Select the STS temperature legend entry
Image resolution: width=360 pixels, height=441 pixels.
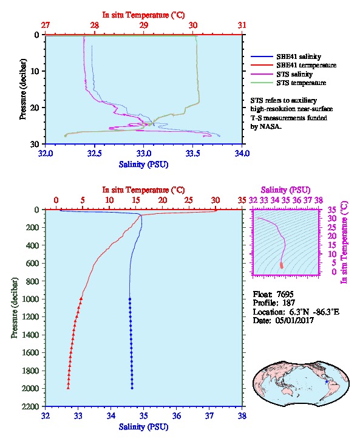click(288, 83)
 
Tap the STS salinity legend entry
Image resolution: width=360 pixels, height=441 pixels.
click(282, 74)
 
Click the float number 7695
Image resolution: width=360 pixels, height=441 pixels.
click(285, 294)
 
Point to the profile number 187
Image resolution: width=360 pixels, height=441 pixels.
click(288, 303)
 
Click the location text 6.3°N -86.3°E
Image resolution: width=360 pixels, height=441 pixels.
click(314, 312)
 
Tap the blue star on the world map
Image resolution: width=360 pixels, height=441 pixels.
click(326, 381)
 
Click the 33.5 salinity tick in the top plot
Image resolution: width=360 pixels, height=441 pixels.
click(192, 154)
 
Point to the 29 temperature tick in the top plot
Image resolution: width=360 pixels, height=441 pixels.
click(144, 26)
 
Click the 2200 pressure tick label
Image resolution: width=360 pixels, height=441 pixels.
click(30, 406)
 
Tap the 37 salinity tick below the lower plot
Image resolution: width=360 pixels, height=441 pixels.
click(209, 415)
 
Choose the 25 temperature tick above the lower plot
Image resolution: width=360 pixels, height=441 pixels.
click(189, 200)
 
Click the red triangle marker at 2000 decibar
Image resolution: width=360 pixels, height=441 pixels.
click(68, 388)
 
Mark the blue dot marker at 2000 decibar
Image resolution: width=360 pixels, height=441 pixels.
click(132, 388)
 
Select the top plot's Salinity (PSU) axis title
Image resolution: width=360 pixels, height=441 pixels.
click(144, 164)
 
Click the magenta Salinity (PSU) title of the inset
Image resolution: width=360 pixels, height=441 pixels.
click(285, 190)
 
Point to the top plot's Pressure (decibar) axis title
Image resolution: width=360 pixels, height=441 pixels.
click(23, 89)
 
